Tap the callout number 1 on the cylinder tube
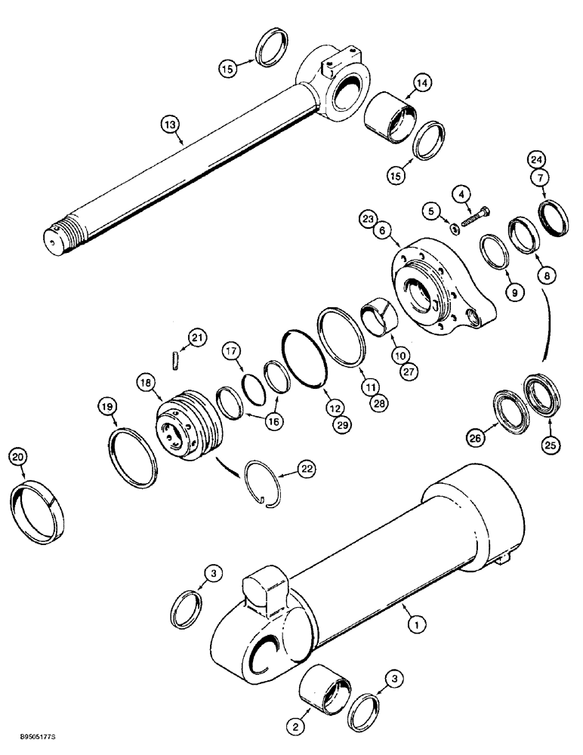pos(413,624)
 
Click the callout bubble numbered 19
pos(109,408)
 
